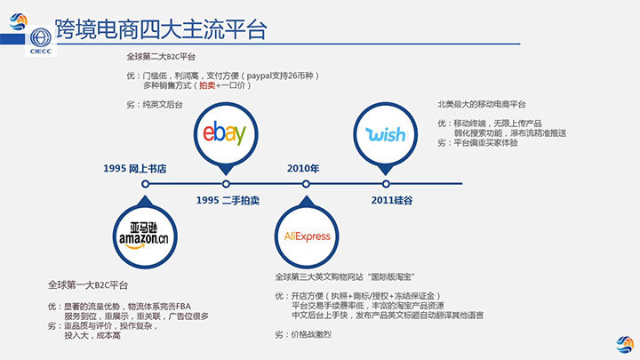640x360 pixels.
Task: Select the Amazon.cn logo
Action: (142, 234)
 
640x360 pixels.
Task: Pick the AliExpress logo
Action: (306, 236)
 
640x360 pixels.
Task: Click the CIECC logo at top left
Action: (41, 40)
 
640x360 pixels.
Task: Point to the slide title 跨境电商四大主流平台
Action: (161, 28)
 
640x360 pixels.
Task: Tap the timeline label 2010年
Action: (302, 168)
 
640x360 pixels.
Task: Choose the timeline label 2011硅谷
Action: (391, 200)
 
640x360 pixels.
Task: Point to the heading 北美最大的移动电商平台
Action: (488, 103)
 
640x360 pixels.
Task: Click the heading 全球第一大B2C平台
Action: (88, 284)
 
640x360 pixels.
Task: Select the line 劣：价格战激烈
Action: (302, 334)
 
